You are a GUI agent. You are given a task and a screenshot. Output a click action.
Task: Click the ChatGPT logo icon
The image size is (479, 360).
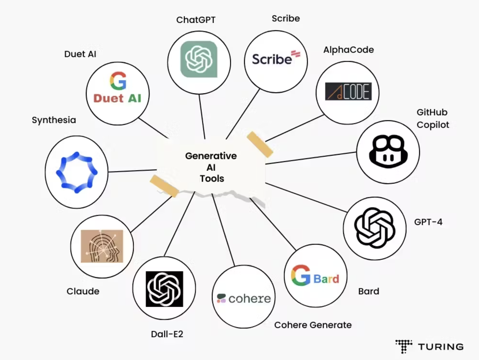click(199, 59)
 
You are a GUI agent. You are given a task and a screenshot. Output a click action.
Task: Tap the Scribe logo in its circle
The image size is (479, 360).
click(276, 58)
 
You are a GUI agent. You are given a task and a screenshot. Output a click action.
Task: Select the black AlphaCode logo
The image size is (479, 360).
click(348, 91)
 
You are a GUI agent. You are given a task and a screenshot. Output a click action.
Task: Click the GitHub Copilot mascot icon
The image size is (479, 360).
click(388, 151)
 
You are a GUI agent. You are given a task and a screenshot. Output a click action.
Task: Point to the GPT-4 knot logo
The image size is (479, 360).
click(374, 228)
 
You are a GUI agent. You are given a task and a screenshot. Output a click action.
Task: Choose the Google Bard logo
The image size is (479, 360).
click(315, 276)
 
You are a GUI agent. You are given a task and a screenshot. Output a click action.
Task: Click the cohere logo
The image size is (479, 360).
click(244, 298)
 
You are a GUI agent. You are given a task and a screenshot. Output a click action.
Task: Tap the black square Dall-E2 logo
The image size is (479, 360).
click(164, 289)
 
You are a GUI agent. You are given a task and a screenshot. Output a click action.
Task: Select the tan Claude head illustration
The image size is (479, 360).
click(102, 246)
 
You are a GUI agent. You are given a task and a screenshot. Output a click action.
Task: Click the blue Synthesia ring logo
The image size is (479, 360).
click(77, 172)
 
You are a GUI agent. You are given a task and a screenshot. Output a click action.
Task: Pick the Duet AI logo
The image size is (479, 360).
click(118, 88)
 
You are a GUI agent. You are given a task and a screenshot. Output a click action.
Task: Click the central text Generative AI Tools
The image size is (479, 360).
click(211, 167)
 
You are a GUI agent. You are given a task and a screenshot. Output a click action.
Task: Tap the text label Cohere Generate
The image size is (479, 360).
click(313, 325)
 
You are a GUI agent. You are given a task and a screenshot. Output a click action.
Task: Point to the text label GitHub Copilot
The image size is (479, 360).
click(433, 118)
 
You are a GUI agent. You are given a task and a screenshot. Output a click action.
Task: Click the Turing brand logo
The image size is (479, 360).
click(430, 347)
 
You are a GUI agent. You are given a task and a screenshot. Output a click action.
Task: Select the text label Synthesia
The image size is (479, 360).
click(54, 120)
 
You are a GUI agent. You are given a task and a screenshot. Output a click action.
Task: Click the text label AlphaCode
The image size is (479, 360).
click(348, 50)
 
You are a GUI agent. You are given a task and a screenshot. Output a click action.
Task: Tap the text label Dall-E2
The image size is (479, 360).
click(167, 334)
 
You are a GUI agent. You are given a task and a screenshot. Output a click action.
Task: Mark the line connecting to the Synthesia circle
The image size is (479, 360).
click(132, 171)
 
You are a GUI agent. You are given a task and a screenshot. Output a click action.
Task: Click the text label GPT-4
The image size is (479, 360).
click(428, 222)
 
